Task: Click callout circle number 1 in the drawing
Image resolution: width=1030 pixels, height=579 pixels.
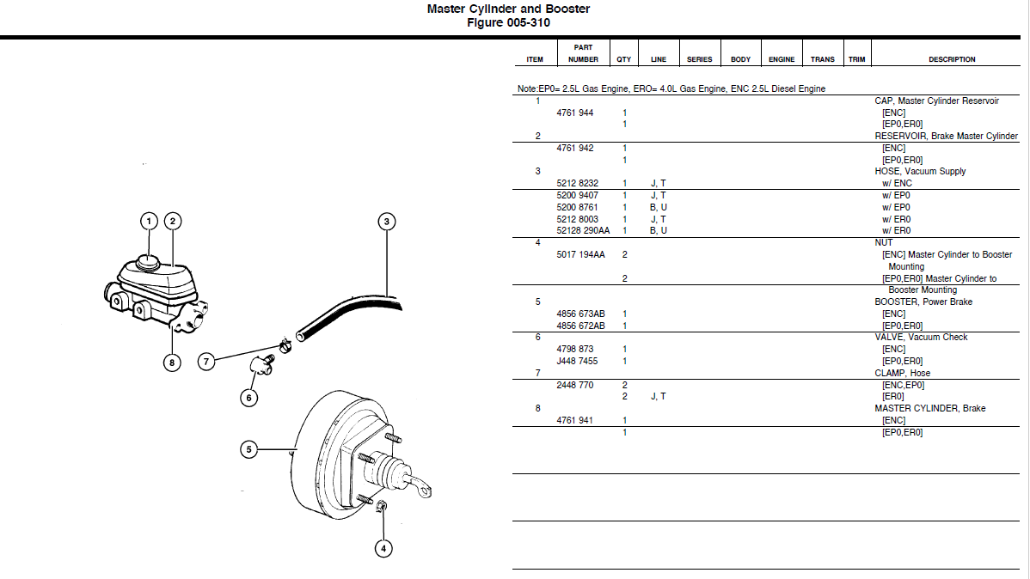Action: click(149, 222)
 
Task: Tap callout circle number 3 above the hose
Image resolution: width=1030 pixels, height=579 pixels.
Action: click(387, 222)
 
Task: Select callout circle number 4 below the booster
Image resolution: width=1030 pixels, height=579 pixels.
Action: click(383, 547)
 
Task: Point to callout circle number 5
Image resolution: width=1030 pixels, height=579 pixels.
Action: click(248, 448)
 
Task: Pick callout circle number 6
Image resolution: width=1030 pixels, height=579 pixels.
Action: click(248, 398)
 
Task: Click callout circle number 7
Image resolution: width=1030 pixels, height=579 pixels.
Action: click(206, 362)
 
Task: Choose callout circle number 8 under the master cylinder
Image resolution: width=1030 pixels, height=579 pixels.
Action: click(172, 363)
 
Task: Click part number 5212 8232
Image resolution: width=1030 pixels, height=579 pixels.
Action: click(577, 183)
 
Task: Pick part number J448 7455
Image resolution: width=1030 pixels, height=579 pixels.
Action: click(575, 361)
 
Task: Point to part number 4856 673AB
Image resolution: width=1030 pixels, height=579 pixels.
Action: click(580, 314)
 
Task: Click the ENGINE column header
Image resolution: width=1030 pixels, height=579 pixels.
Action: click(782, 59)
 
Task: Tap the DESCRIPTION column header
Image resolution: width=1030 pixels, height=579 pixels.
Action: click(952, 59)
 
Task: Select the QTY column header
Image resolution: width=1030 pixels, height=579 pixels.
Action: click(624, 59)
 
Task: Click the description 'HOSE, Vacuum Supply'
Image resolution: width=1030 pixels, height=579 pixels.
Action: click(920, 171)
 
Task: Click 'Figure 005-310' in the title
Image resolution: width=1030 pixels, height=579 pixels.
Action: click(508, 22)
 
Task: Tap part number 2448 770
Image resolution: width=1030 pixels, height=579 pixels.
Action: click(575, 385)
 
